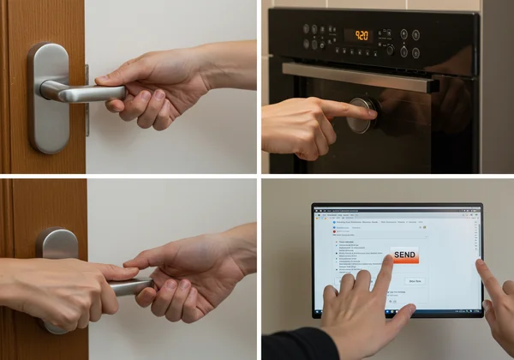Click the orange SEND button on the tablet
tap(405, 255)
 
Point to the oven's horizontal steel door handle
tap(360, 76)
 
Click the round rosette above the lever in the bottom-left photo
tap(57, 243)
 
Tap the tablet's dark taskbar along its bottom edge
tap(396, 312)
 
